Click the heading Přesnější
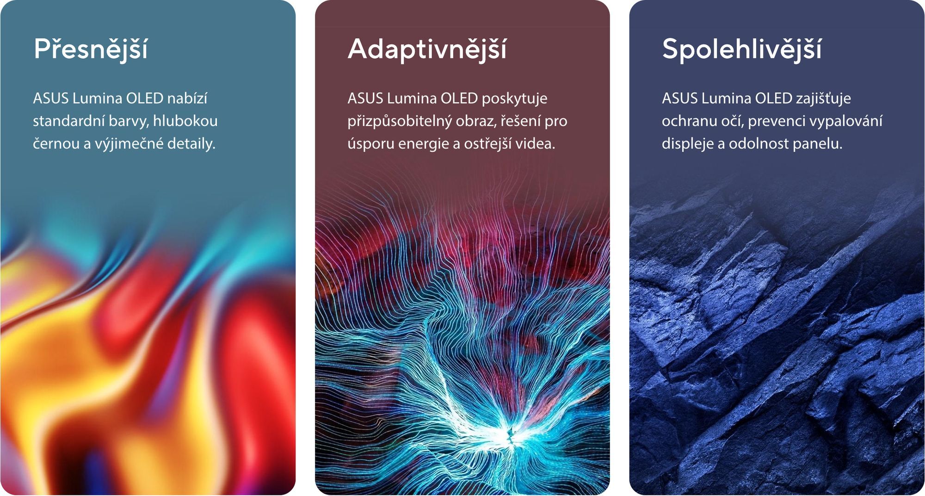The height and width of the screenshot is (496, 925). (x=91, y=49)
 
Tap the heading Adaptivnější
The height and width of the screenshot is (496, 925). (x=427, y=49)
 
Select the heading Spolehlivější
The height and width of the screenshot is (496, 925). (x=742, y=49)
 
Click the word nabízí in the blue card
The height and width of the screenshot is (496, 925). (x=187, y=98)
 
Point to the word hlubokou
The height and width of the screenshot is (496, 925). (x=185, y=121)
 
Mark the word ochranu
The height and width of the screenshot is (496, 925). (x=687, y=121)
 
